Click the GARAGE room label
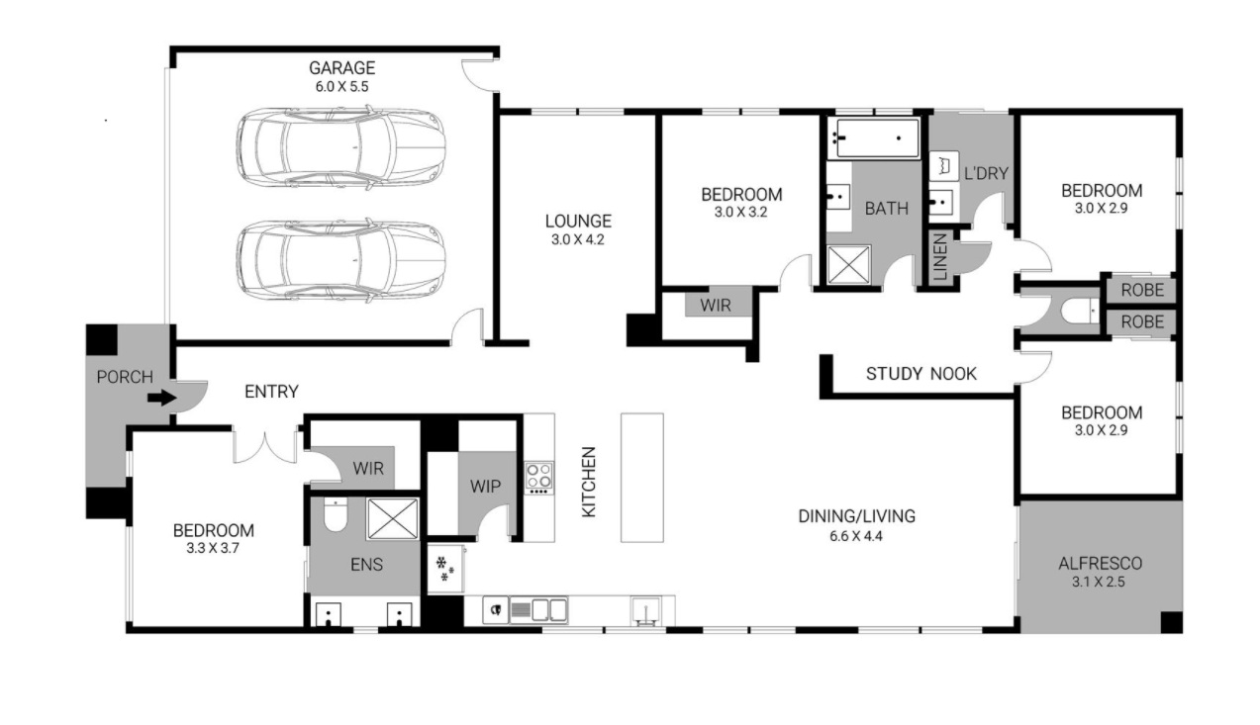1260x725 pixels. click(342, 68)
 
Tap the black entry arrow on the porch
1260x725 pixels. click(162, 398)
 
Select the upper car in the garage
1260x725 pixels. click(340, 147)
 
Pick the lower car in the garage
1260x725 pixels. click(340, 261)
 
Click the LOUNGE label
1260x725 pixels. click(578, 221)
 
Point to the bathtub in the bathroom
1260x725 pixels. click(873, 137)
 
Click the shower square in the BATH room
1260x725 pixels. click(848, 265)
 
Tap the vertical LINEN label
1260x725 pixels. click(940, 257)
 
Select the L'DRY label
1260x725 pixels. click(986, 174)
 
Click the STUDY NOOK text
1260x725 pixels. click(921, 374)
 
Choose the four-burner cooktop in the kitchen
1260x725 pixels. click(538, 479)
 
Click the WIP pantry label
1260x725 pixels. click(485, 487)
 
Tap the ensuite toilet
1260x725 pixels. click(336, 514)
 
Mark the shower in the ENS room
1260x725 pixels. click(392, 518)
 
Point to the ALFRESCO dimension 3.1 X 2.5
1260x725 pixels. click(1099, 582)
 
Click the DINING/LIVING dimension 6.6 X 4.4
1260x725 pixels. click(856, 536)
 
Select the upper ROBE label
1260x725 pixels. click(1142, 290)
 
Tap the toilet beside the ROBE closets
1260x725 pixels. click(1080, 311)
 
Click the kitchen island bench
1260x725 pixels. click(641, 478)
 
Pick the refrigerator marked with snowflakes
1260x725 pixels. click(446, 568)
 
